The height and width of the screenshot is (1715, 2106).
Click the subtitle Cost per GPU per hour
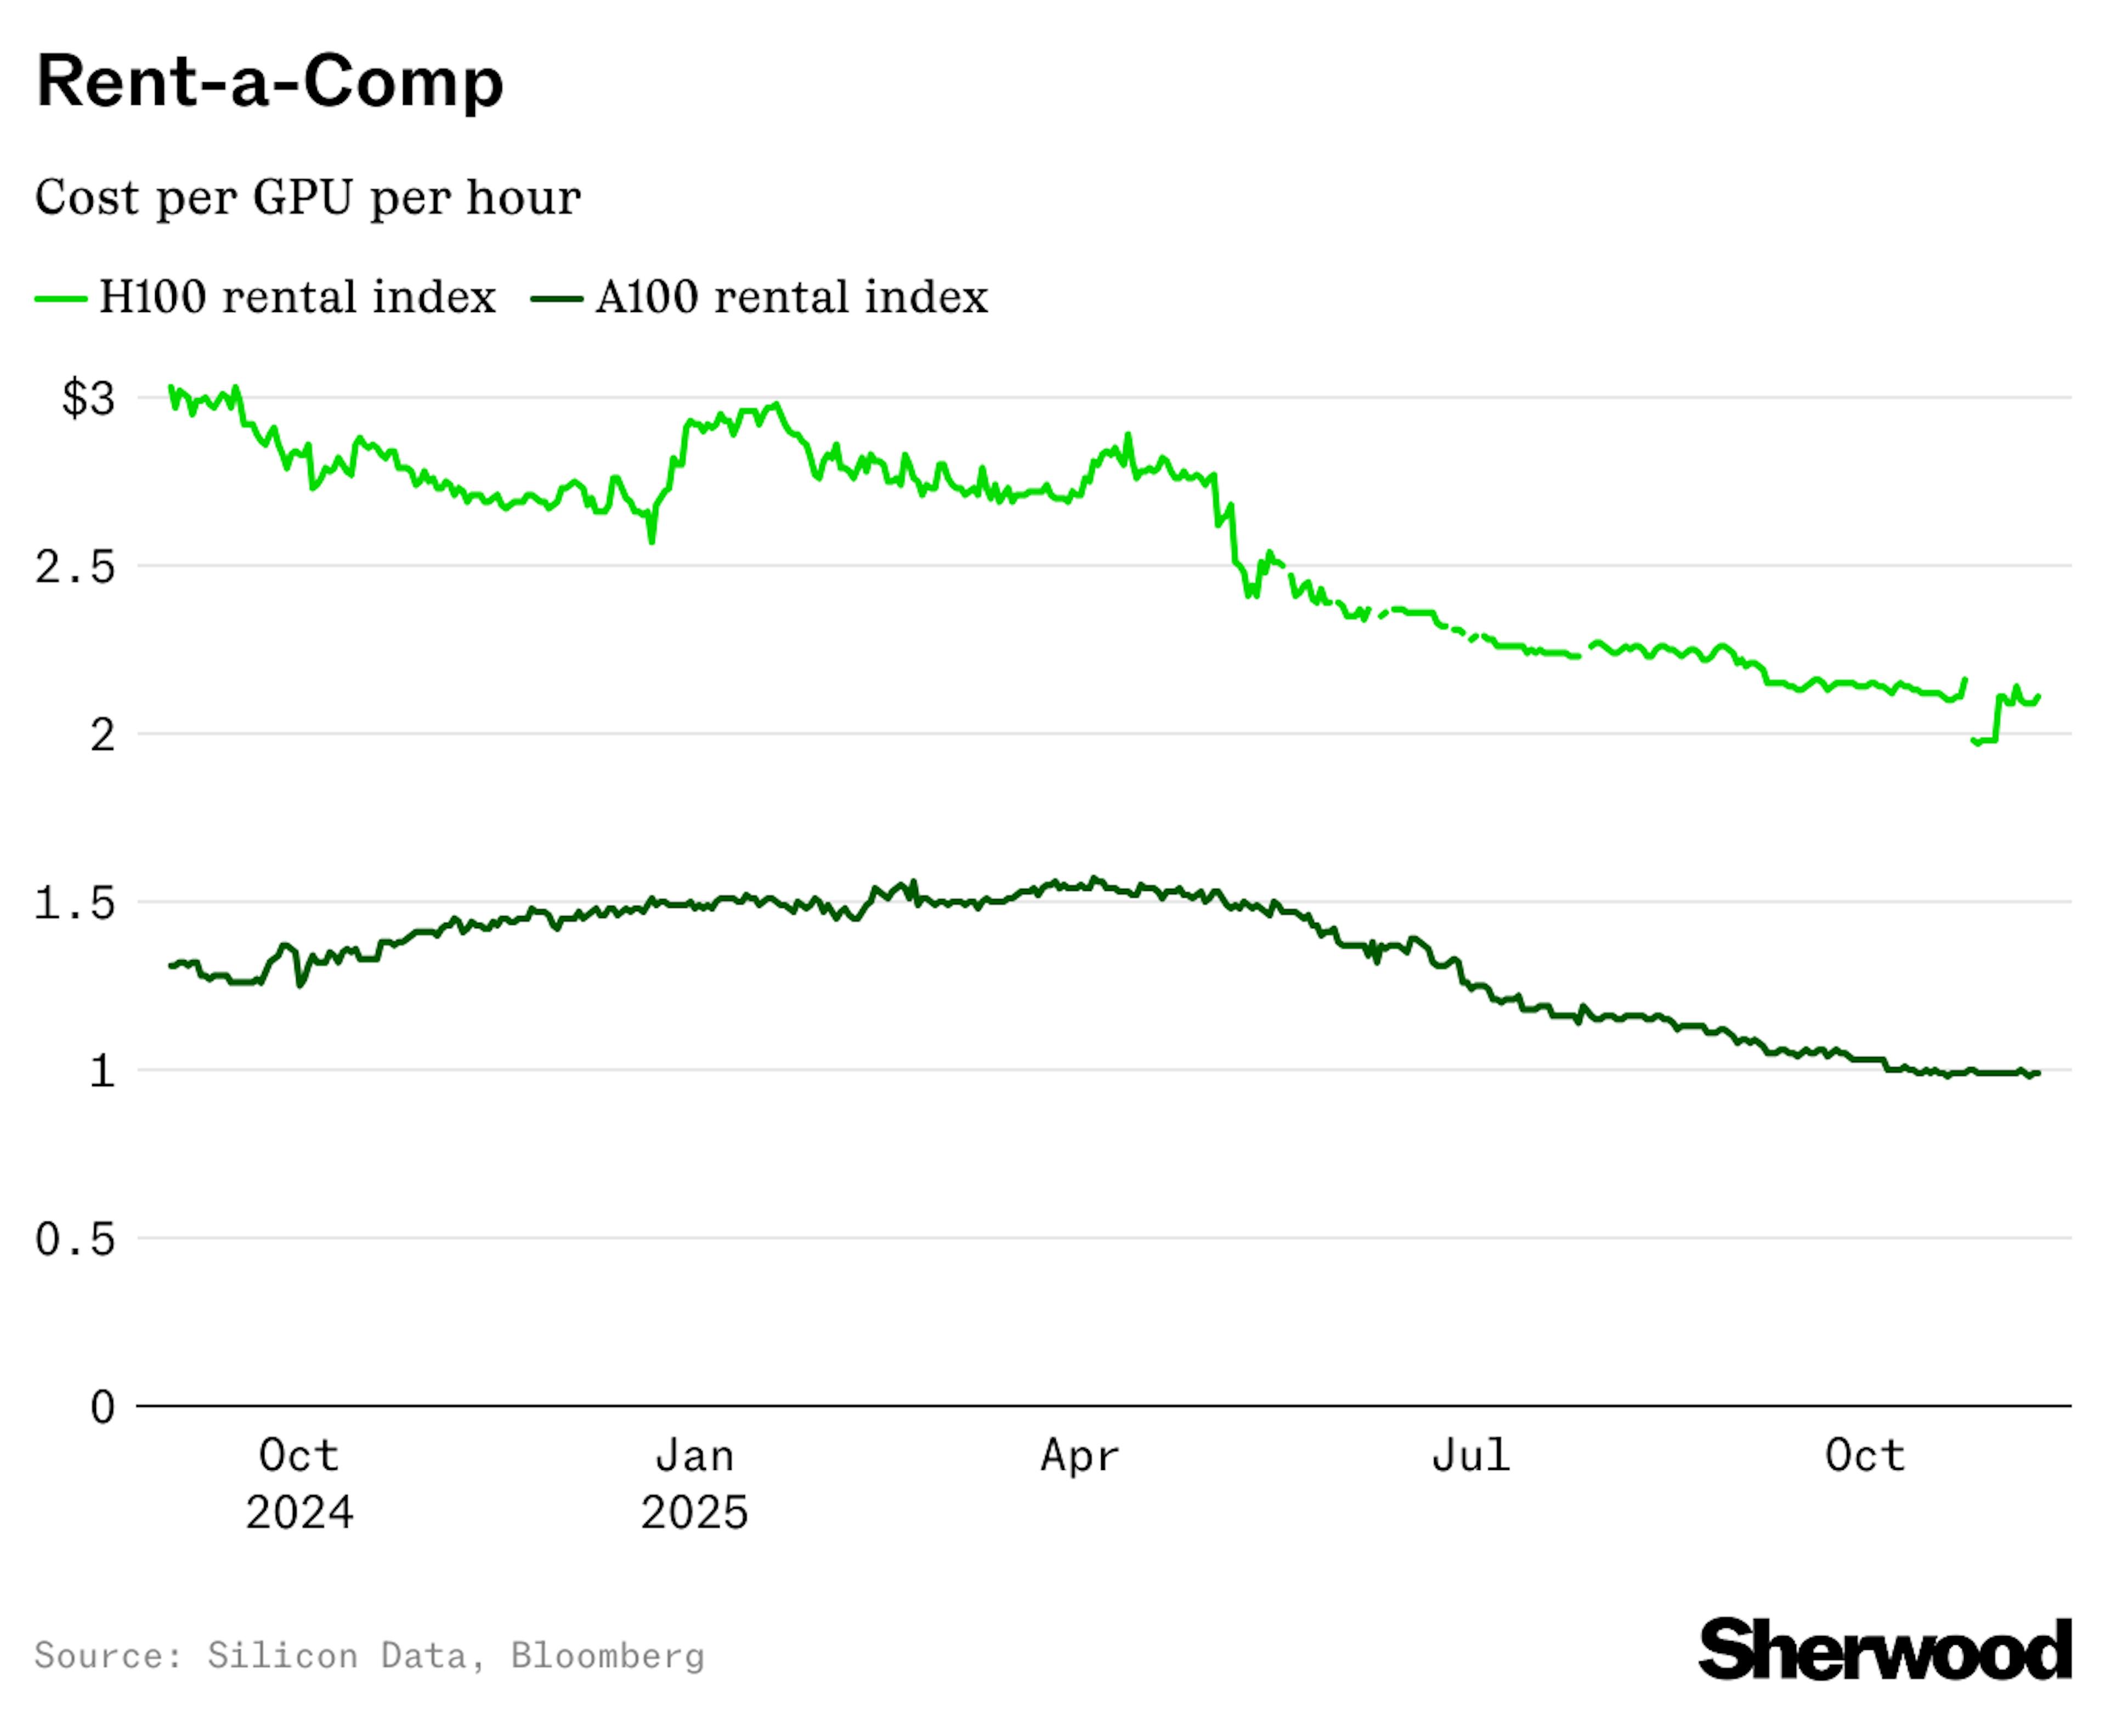pos(307,197)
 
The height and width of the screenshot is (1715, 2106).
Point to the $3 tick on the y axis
pos(88,399)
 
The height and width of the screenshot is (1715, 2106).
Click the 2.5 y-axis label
pos(75,567)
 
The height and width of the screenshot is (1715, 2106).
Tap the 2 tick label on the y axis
pos(103,735)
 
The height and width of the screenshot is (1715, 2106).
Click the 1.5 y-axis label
pos(75,903)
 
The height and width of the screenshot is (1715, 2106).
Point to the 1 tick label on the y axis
pos(103,1071)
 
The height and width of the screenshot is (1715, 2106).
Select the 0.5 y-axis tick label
pos(75,1239)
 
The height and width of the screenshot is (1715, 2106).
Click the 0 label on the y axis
pos(103,1407)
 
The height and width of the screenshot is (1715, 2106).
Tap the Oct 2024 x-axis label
pos(298,1483)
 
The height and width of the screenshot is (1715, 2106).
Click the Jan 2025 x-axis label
pos(694,1483)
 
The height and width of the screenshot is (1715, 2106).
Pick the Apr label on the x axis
pos(1079,1456)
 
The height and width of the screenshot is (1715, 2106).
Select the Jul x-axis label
pos(1470,1456)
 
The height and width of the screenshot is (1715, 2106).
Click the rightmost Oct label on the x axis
pos(1864,1456)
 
